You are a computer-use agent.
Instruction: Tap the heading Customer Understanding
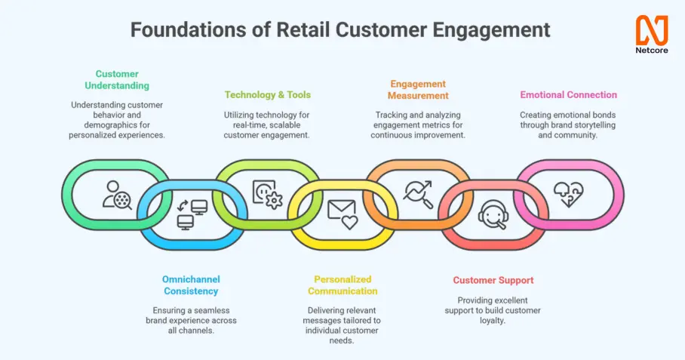click(x=117, y=80)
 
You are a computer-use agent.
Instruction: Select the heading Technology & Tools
click(x=268, y=95)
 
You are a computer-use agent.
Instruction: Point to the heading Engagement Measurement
click(x=418, y=90)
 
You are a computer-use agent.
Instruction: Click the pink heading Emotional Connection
click(x=568, y=95)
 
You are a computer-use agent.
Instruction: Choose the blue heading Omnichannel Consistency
click(x=191, y=285)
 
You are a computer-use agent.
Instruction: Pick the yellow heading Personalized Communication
click(x=342, y=285)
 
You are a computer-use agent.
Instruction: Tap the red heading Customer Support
click(x=493, y=280)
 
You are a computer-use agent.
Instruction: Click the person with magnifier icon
click(x=117, y=195)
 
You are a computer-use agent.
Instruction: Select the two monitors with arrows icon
click(x=192, y=214)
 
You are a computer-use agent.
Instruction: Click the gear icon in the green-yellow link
click(x=274, y=201)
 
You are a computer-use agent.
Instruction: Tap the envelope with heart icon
click(x=342, y=214)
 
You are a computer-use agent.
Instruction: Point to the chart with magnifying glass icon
click(x=418, y=195)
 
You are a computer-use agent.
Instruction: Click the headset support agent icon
click(x=493, y=214)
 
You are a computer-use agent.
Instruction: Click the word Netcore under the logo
click(x=651, y=51)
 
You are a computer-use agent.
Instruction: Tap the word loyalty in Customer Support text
click(x=493, y=320)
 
